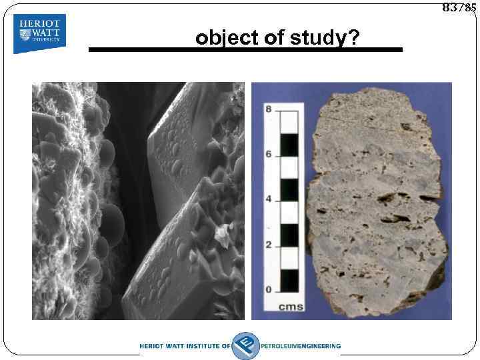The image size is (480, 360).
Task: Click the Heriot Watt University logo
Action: [x=39, y=34]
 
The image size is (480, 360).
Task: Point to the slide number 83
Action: [x=450, y=7]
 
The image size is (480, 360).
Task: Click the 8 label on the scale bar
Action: [x=269, y=109]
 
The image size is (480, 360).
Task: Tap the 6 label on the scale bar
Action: [x=269, y=154]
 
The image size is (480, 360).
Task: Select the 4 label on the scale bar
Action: [x=269, y=199]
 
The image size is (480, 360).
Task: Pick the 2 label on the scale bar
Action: [x=269, y=245]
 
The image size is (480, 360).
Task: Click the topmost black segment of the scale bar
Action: [x=289, y=143]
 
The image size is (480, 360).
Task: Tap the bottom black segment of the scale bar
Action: [x=289, y=279]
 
